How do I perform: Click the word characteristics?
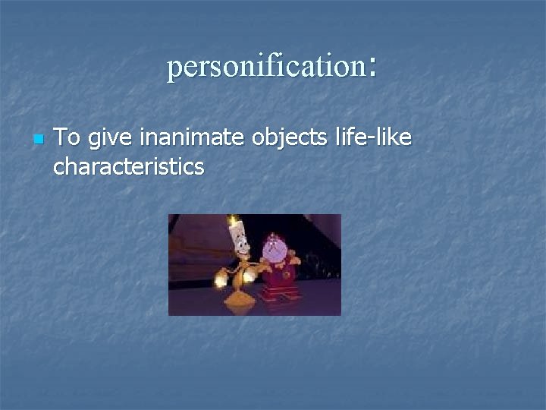pyautogui.click(x=128, y=166)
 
